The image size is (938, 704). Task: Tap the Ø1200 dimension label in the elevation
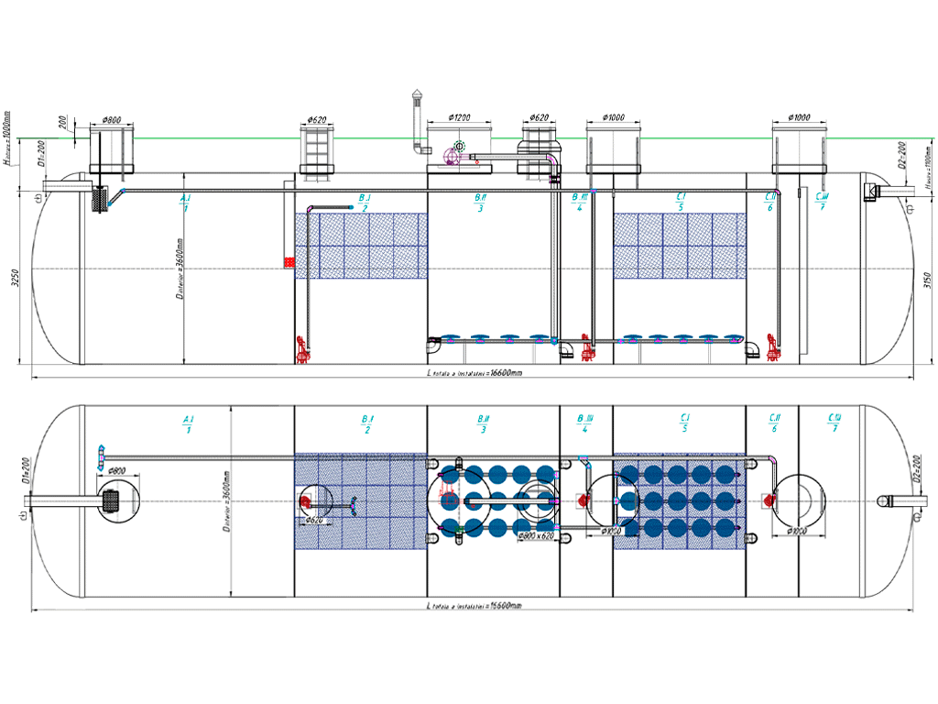pyautogui.click(x=459, y=118)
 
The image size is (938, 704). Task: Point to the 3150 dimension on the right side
pyautogui.click(x=926, y=280)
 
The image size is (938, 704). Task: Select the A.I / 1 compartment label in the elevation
pyautogui.click(x=186, y=203)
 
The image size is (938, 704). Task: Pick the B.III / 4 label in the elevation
pyautogui.click(x=579, y=203)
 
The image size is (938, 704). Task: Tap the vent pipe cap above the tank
pyautogui.click(x=418, y=95)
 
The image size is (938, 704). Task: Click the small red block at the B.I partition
pyautogui.click(x=290, y=263)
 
